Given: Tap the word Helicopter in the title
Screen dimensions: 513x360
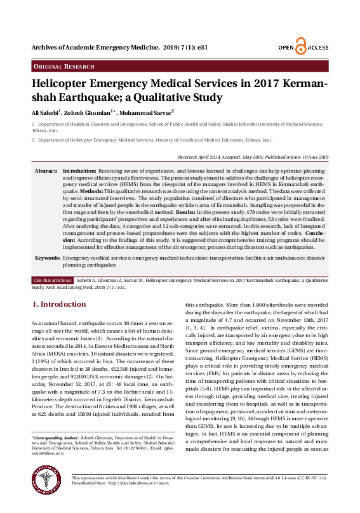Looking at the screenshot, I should tap(67, 84).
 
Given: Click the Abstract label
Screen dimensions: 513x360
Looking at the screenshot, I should tap(46, 171).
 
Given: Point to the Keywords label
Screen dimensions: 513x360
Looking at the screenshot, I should tap(48, 259).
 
